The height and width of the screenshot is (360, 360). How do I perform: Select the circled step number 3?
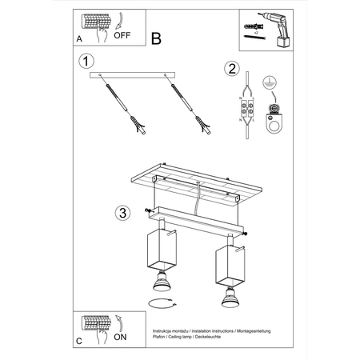coord(122,212)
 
